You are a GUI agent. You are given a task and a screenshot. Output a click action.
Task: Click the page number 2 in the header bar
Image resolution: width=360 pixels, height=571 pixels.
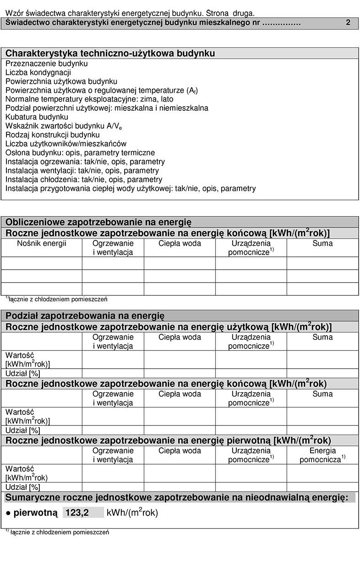point(348,23)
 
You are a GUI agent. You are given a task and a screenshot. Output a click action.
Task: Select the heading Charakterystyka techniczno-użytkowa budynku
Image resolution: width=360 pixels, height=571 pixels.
point(110,54)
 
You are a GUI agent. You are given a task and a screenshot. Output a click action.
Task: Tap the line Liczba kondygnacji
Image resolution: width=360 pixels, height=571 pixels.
point(38,72)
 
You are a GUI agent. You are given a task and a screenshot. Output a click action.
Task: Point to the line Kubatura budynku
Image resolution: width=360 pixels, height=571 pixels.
point(37,117)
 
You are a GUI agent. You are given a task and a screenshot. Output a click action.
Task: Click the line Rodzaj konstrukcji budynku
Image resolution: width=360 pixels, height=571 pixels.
point(52,135)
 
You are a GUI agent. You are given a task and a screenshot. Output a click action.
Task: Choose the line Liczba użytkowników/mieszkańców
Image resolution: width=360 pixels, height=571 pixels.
point(66,144)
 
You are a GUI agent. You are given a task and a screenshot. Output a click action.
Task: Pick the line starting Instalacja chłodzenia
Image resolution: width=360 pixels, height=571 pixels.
point(84,179)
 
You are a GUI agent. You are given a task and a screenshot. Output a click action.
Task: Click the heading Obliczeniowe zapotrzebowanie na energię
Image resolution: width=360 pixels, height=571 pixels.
point(98,222)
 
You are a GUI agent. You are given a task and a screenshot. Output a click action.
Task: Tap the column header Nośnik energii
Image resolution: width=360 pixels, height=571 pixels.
point(42,244)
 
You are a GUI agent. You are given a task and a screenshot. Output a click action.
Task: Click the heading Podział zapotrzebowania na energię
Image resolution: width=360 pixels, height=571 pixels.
point(85,315)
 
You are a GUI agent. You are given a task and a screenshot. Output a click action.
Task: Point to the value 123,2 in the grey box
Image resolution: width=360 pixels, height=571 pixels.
point(77,513)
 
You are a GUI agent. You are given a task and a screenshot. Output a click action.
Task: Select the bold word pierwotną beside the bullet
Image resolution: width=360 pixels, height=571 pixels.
point(36,513)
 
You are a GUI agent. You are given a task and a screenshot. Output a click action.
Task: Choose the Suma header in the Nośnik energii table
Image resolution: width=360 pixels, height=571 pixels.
point(322,244)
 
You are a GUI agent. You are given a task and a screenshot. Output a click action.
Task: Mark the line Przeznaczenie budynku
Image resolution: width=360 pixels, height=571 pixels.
point(46,64)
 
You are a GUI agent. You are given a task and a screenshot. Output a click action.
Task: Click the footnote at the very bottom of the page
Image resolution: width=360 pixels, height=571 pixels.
point(57,533)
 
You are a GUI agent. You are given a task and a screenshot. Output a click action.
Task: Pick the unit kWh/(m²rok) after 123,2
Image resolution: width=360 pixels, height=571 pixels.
point(132,513)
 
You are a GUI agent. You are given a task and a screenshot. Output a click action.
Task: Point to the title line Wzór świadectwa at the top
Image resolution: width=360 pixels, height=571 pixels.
point(130,14)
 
